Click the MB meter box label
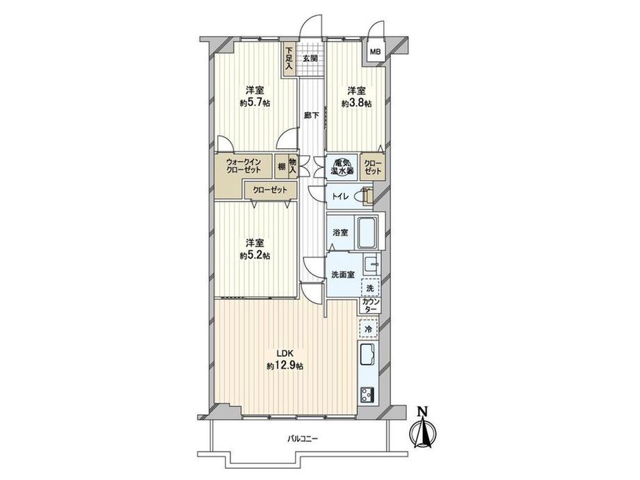tap(375, 52)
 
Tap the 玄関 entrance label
tap(310, 58)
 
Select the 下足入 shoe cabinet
tap(289, 58)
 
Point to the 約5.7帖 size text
tap(255, 103)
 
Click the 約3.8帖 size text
tap(356, 104)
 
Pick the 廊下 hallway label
tap(312, 115)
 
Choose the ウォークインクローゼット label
tap(243, 166)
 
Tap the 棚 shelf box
tap(281, 166)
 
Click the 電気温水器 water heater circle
tap(342, 166)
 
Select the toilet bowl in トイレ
tap(360, 196)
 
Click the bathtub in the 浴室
tap(368, 232)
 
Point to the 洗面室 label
tap(342, 275)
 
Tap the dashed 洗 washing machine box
tap(370, 287)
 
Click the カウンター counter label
tap(371, 305)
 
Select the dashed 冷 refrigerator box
tap(369, 329)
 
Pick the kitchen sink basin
tap(368, 354)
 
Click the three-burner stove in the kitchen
tap(367, 395)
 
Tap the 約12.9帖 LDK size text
tap(285, 366)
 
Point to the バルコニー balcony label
tap(302, 439)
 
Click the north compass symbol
tap(424, 428)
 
